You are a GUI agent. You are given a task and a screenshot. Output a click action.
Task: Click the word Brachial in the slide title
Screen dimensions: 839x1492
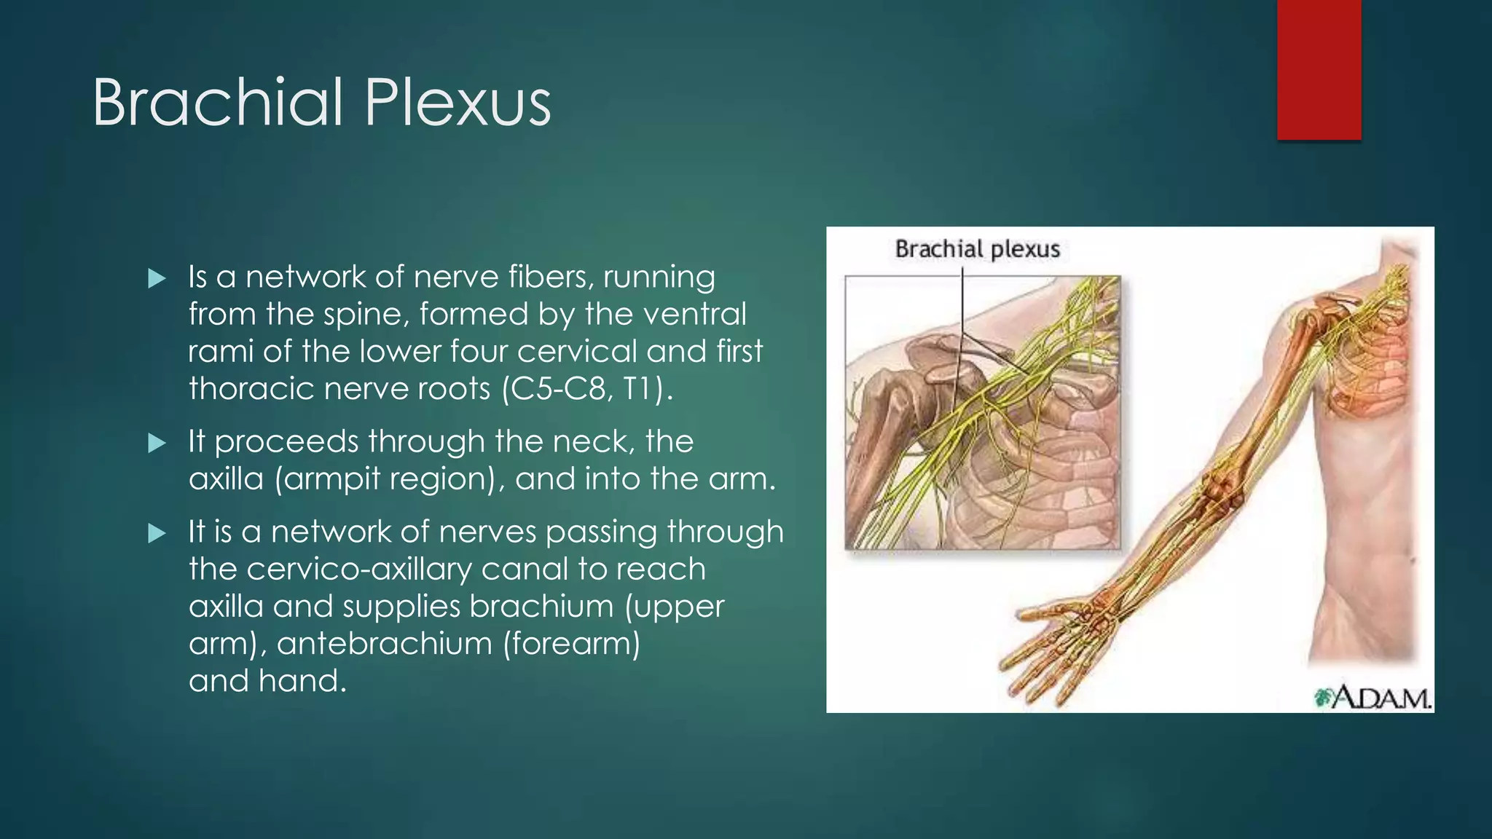click(x=217, y=103)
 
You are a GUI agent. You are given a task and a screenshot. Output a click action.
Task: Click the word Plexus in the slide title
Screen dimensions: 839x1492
click(x=458, y=103)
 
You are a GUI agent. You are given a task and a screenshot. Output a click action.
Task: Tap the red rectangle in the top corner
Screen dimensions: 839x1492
click(x=1319, y=69)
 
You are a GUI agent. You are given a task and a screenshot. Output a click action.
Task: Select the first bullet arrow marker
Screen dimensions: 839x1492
click(x=157, y=278)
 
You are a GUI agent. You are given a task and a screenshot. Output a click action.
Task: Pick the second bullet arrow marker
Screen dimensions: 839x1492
click(x=157, y=443)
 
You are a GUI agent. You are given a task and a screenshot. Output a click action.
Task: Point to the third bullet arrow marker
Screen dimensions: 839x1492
click(x=157, y=533)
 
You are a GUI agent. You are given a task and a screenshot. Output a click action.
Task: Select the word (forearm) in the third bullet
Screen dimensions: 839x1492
click(x=572, y=644)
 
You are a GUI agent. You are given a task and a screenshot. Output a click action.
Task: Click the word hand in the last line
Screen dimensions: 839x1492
click(x=299, y=681)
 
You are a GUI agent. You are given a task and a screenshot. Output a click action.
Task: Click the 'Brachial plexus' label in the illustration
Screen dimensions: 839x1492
click(x=977, y=249)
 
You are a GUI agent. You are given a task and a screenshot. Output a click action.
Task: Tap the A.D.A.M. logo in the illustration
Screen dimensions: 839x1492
click(x=1373, y=698)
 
